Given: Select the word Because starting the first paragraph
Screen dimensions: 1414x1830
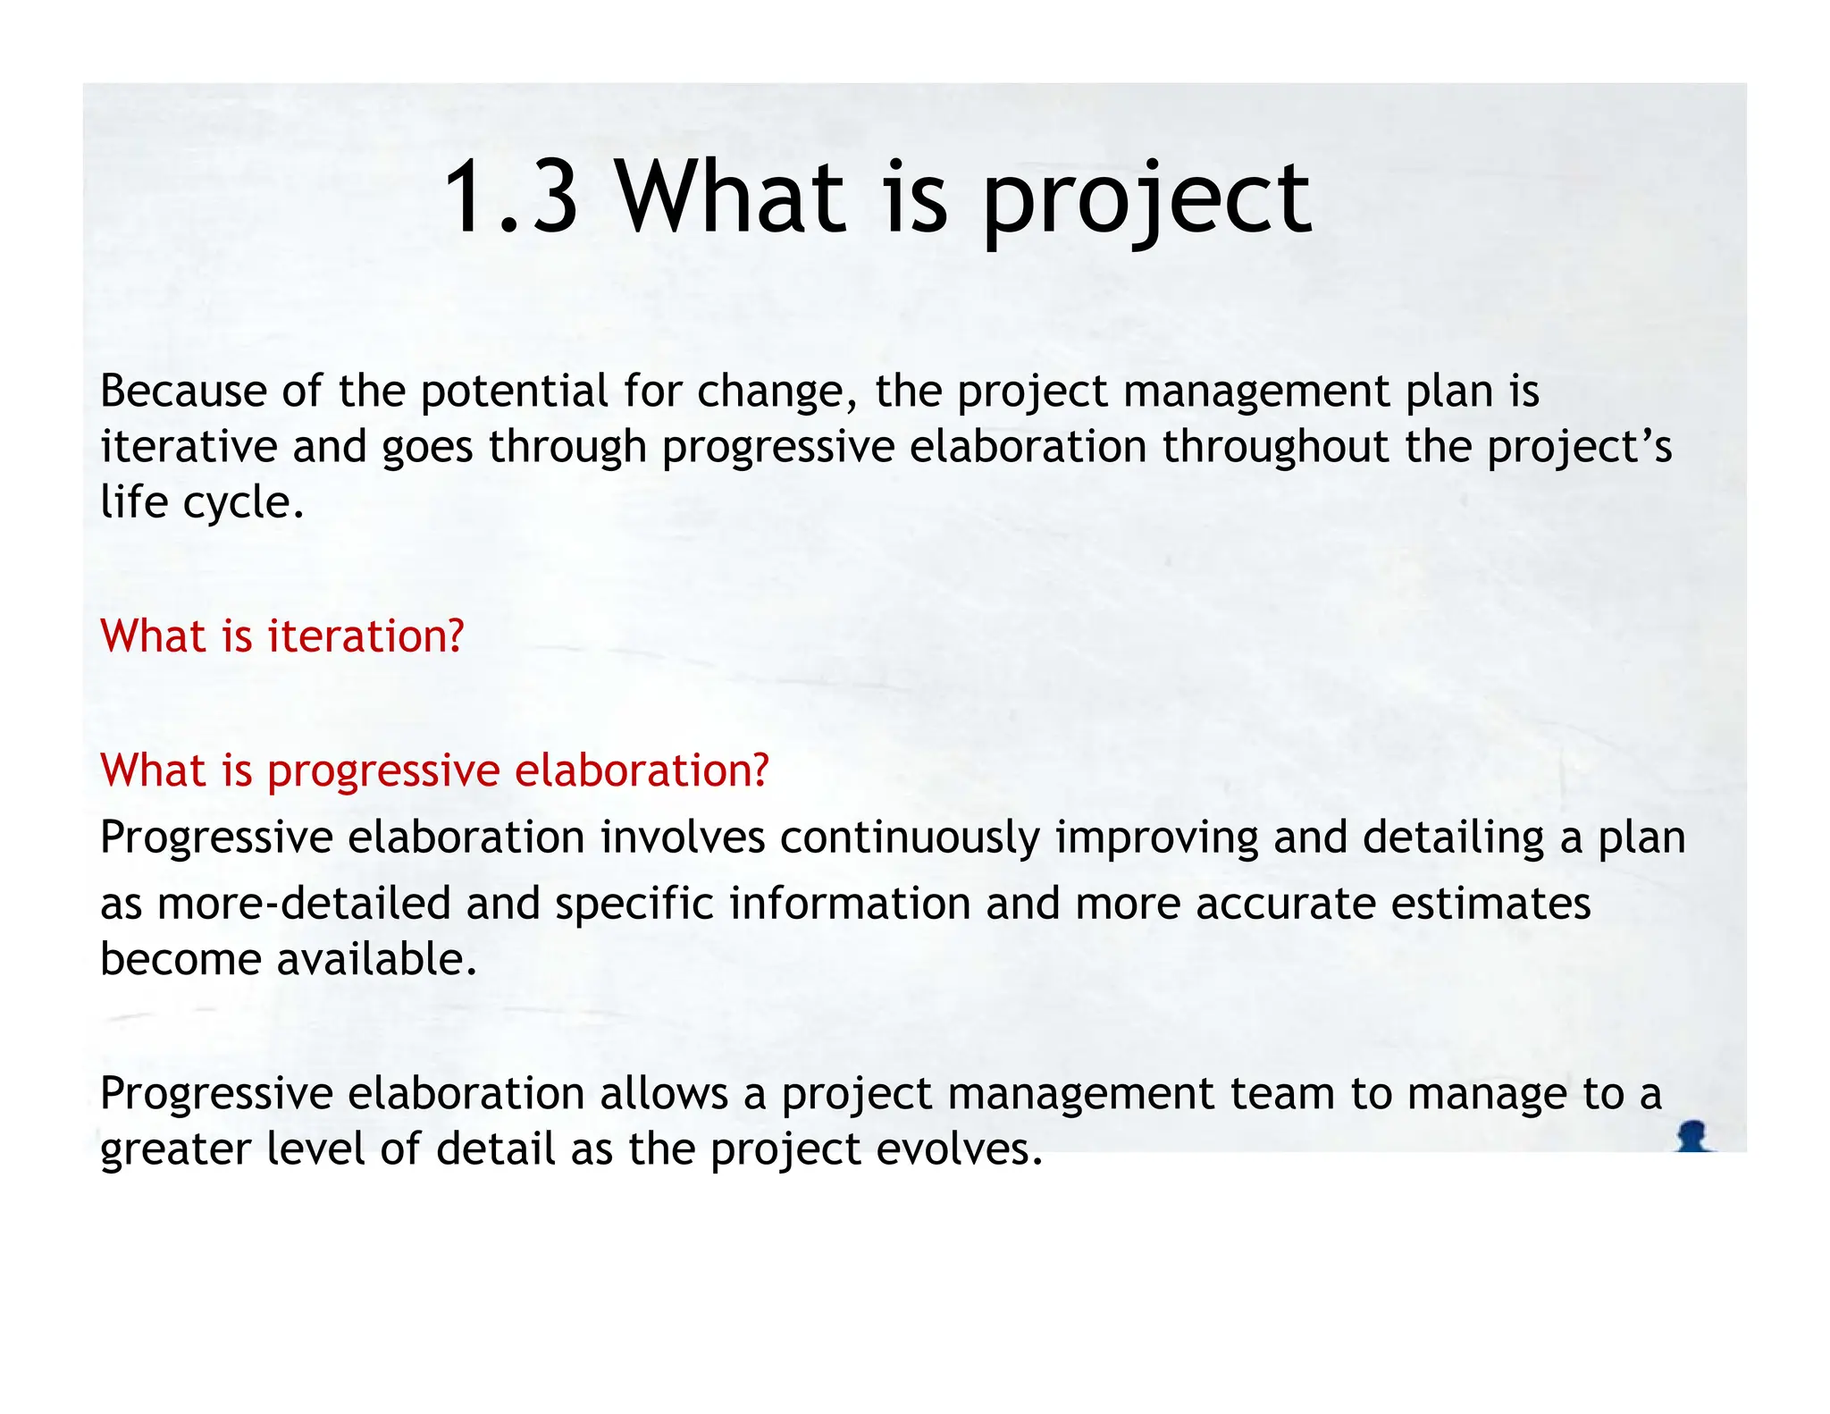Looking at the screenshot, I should coord(183,391).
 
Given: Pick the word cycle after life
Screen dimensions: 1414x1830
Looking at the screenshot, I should coord(243,504).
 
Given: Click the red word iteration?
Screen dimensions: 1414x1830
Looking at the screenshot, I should coord(365,636).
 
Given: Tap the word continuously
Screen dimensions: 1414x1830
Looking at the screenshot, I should coord(910,839).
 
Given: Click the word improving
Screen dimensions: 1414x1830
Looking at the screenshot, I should coord(1156,839).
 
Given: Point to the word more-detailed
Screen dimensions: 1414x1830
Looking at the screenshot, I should coord(304,904).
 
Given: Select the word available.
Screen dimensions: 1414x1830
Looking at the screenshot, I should coord(377,960).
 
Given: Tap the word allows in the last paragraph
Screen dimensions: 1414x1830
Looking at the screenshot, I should coord(663,1094).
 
